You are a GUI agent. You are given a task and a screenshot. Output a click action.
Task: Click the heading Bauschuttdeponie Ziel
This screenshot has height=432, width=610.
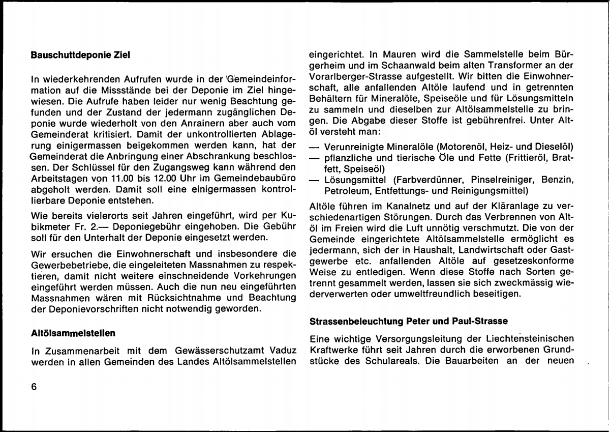point(80,55)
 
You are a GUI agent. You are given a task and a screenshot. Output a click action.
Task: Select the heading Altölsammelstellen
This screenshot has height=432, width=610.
point(73,333)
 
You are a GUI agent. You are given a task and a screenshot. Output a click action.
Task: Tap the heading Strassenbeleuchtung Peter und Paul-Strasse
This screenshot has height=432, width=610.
point(409,322)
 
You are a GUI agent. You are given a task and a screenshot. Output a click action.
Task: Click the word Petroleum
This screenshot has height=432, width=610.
point(339,191)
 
